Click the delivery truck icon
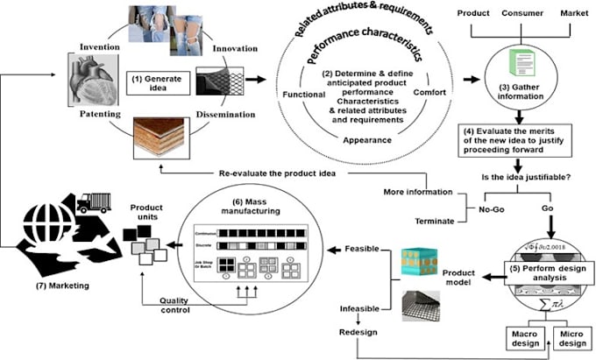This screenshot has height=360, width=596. coord(94,203)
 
